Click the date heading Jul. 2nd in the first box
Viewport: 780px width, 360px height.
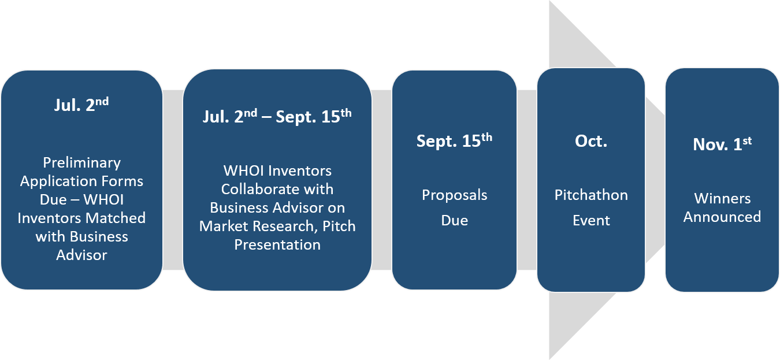(x=81, y=105)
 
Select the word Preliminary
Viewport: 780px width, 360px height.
(x=82, y=163)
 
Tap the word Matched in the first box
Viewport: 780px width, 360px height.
(x=116, y=218)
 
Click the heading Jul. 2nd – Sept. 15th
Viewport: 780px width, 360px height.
(x=277, y=116)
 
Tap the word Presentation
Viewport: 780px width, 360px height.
(x=277, y=245)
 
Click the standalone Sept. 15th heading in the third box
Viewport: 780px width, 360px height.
(x=454, y=140)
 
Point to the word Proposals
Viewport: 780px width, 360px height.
(x=454, y=195)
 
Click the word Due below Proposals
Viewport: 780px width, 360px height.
(x=454, y=220)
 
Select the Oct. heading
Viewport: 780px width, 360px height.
(x=591, y=141)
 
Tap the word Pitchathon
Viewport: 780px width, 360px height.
(x=591, y=195)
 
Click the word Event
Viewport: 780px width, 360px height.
(x=591, y=220)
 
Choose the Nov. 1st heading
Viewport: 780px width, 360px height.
(x=722, y=144)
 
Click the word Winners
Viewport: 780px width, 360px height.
(x=722, y=198)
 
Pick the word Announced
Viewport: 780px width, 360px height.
(x=722, y=217)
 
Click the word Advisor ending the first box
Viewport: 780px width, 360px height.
(x=81, y=255)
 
